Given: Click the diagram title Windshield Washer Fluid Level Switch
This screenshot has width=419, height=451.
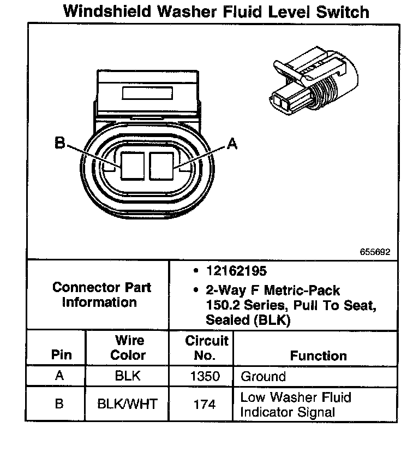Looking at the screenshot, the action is (216, 11).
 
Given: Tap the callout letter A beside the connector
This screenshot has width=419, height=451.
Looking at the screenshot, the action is (232, 144).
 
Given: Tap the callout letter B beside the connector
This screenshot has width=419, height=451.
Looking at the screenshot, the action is (60, 144).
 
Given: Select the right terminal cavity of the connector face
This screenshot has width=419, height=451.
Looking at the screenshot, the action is (161, 165).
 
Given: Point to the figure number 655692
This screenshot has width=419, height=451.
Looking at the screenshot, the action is (375, 252).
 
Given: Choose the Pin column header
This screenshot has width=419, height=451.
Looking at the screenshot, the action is (61, 355).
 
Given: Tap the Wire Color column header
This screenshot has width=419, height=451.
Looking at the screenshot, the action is (128, 348).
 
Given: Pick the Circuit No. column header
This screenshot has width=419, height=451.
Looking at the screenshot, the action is (206, 348).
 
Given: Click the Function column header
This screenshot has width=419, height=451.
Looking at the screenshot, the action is (318, 356).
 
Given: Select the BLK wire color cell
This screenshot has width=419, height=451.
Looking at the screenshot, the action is (127, 376).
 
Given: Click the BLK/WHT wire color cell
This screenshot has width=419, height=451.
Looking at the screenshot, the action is (127, 405).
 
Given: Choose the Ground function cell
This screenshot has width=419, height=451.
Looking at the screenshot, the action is (263, 376).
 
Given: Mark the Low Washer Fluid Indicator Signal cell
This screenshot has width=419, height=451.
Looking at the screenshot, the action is (295, 405).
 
